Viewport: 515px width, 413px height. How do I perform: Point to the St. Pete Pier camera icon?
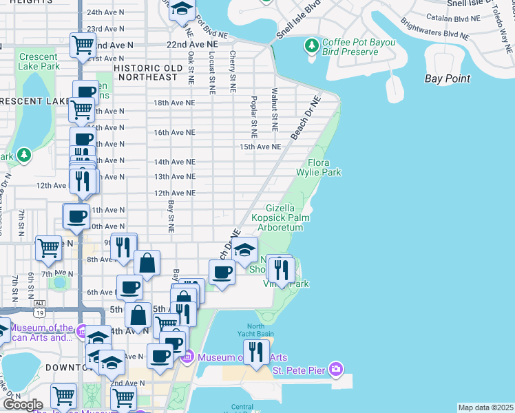[x=335, y=370]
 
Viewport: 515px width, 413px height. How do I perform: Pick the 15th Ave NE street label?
[x=260, y=147]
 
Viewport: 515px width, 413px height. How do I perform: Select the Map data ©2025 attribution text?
[x=485, y=407]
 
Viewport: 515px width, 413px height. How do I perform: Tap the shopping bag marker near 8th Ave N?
[x=147, y=262]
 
